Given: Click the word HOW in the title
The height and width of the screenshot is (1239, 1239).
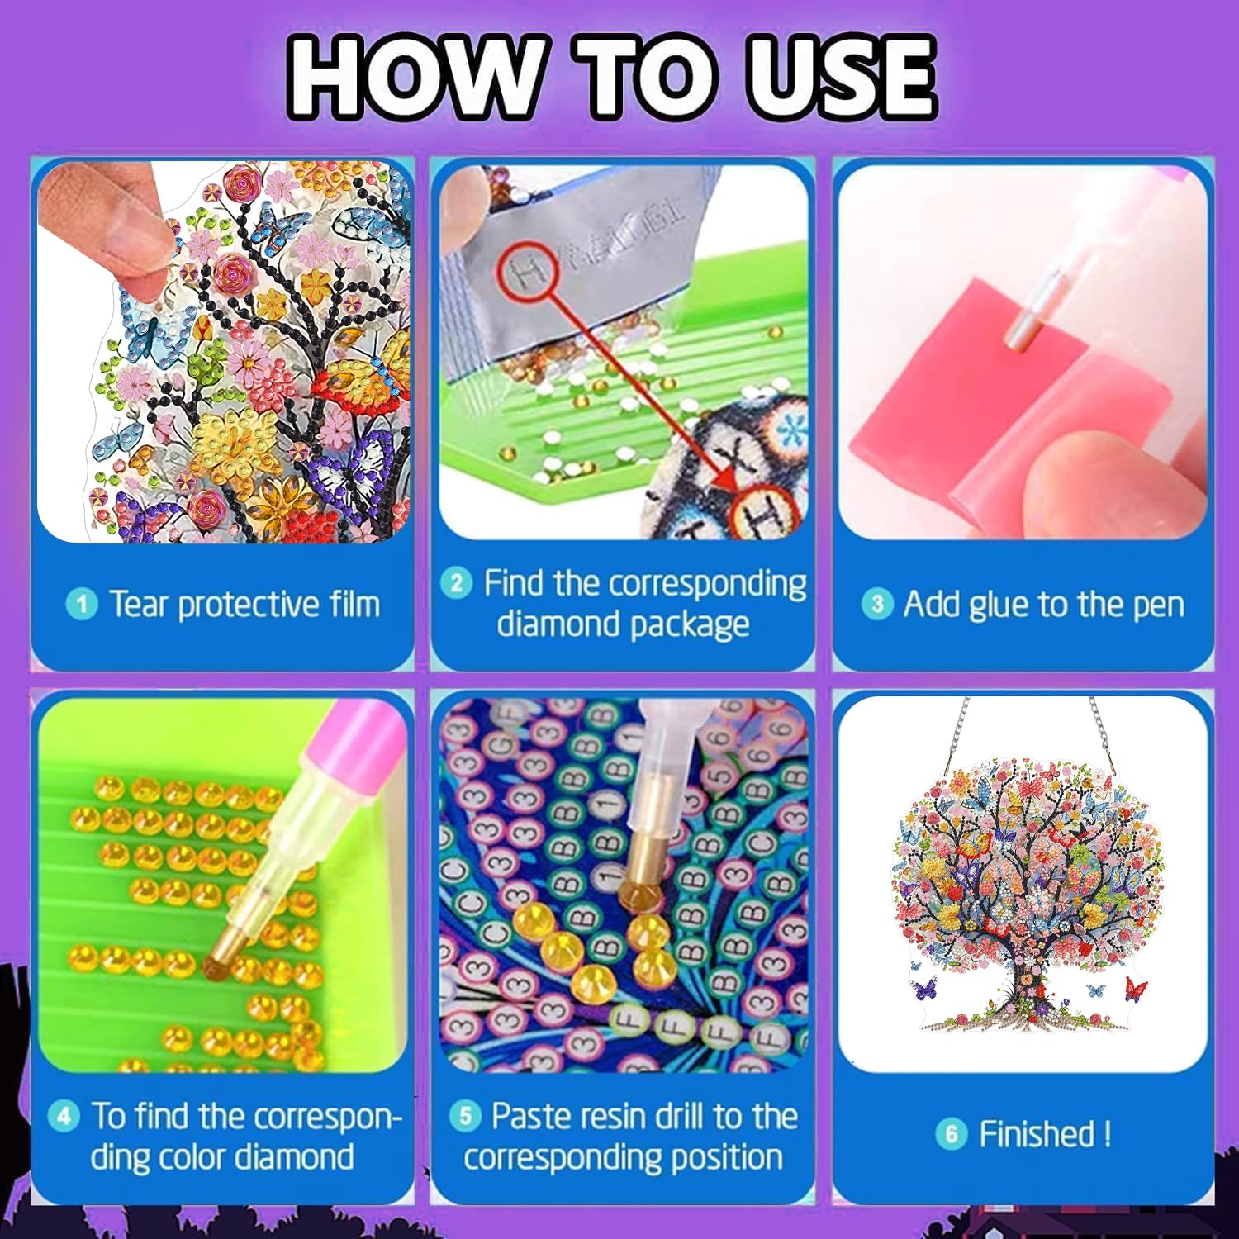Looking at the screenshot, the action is click(415, 77).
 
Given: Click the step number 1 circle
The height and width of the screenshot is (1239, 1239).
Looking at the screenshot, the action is click(81, 605).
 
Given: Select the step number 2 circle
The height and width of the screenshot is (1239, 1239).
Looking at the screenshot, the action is click(456, 583).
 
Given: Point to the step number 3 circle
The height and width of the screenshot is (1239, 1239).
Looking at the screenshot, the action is click(877, 605).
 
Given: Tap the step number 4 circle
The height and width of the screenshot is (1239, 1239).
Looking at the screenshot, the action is click(64, 1117).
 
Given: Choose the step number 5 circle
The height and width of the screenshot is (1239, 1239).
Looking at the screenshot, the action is click(465, 1117).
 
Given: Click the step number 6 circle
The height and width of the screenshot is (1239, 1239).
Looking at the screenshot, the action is click(952, 1134).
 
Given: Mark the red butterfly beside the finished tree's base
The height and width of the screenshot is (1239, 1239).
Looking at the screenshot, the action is click(1135, 986).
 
